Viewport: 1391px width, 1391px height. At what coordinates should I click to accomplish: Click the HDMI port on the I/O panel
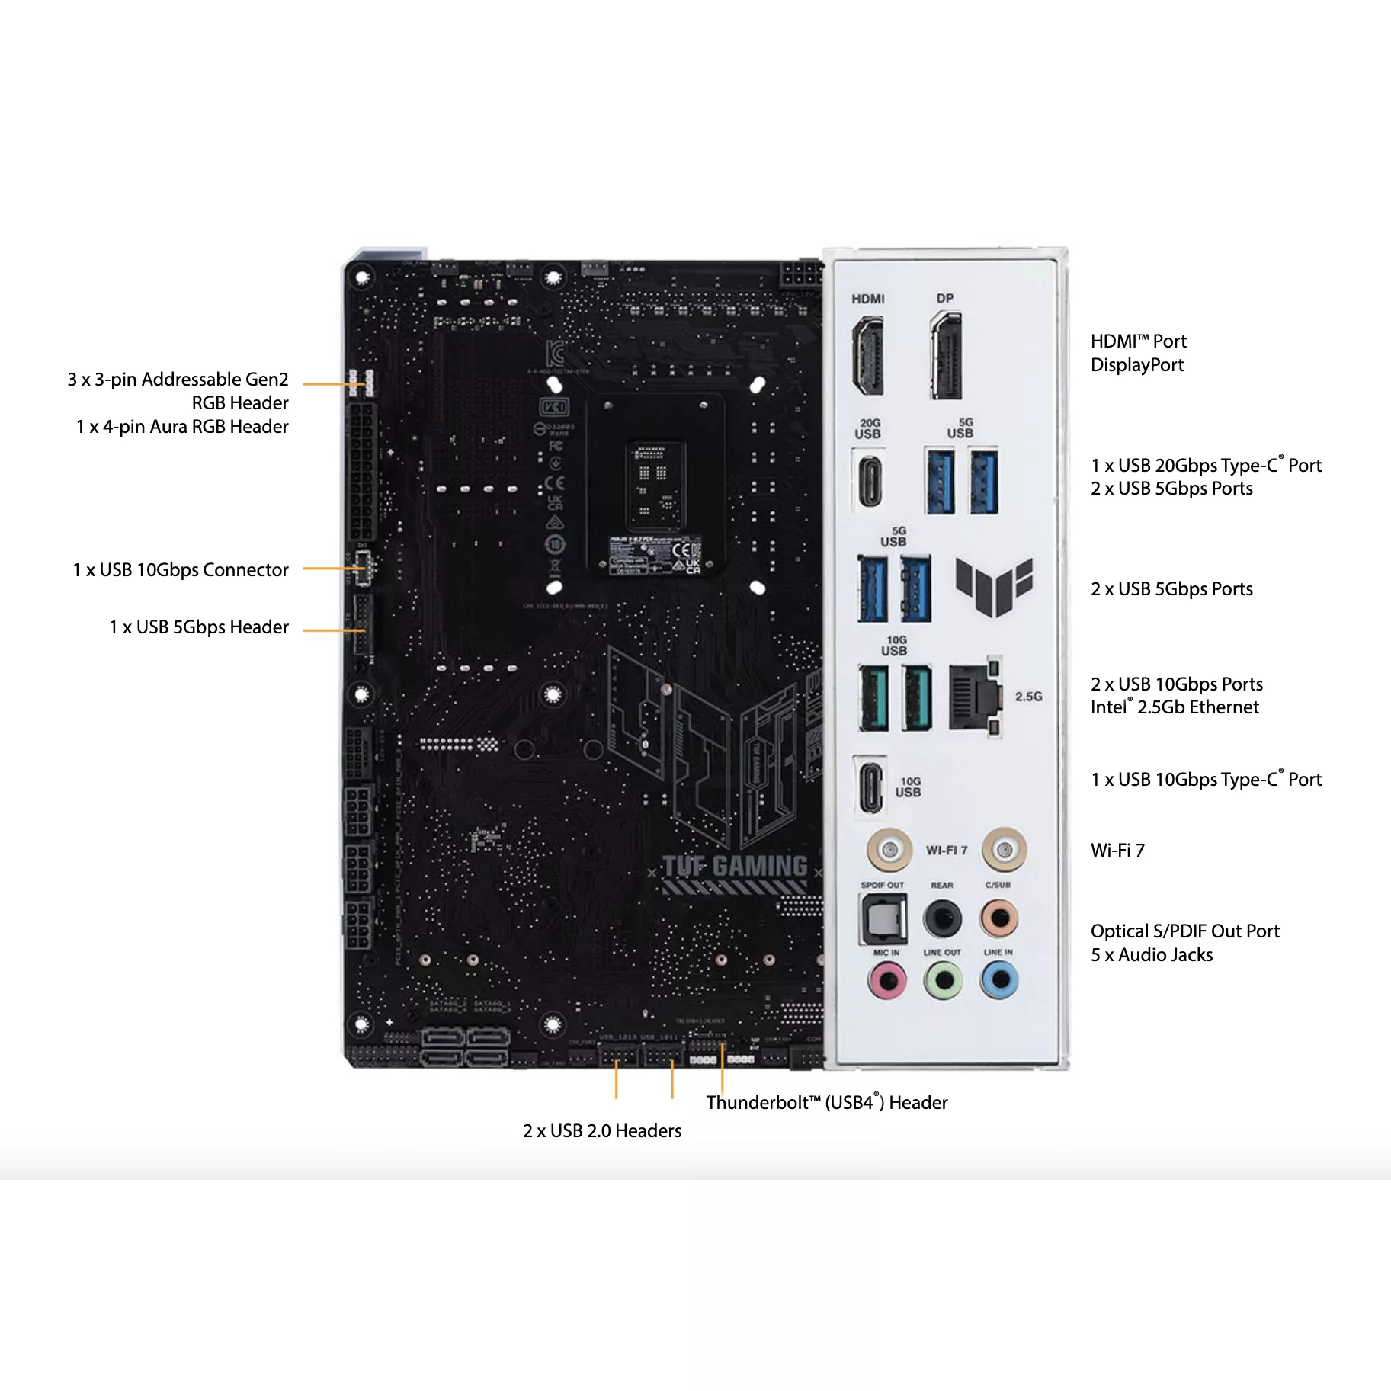[868, 355]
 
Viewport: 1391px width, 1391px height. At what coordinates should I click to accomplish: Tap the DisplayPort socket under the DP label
[947, 355]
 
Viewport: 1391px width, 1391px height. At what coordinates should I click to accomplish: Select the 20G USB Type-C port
[870, 481]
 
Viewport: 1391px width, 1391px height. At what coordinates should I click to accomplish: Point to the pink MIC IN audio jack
[887, 980]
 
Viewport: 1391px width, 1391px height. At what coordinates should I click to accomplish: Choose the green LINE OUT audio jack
[944, 980]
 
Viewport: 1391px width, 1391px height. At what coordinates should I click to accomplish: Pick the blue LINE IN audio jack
[1000, 980]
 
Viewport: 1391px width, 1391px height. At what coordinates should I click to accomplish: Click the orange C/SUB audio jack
[999, 918]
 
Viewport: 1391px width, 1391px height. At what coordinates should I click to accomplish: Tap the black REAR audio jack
[943, 918]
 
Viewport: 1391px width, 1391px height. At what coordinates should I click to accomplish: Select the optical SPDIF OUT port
[884, 918]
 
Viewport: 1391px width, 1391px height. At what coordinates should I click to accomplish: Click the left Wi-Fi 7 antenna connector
[889, 848]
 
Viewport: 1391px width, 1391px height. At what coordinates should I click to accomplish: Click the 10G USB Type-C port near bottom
[870, 786]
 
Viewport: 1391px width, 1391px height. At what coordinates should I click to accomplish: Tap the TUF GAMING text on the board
[735, 867]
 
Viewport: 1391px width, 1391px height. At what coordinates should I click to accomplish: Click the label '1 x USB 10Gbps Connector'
[181, 570]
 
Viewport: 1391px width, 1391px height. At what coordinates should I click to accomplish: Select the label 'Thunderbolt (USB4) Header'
[826, 1103]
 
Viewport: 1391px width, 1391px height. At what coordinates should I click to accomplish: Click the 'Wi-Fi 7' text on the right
[1117, 851]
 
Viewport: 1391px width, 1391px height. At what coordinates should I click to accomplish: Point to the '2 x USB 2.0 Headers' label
[602, 1131]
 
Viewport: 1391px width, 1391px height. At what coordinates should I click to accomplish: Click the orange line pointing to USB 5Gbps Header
[333, 630]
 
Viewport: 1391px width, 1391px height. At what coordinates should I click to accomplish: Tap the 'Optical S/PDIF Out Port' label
[1184, 931]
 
